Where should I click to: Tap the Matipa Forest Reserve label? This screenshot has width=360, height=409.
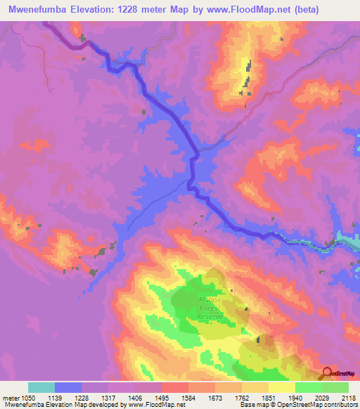[x=210, y=308]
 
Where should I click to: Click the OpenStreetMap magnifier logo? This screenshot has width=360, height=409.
[x=328, y=373]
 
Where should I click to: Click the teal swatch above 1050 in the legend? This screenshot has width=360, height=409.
[x=41, y=387]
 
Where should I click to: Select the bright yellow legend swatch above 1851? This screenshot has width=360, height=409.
[x=282, y=387]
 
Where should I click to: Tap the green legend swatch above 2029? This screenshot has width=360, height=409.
[x=309, y=387]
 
